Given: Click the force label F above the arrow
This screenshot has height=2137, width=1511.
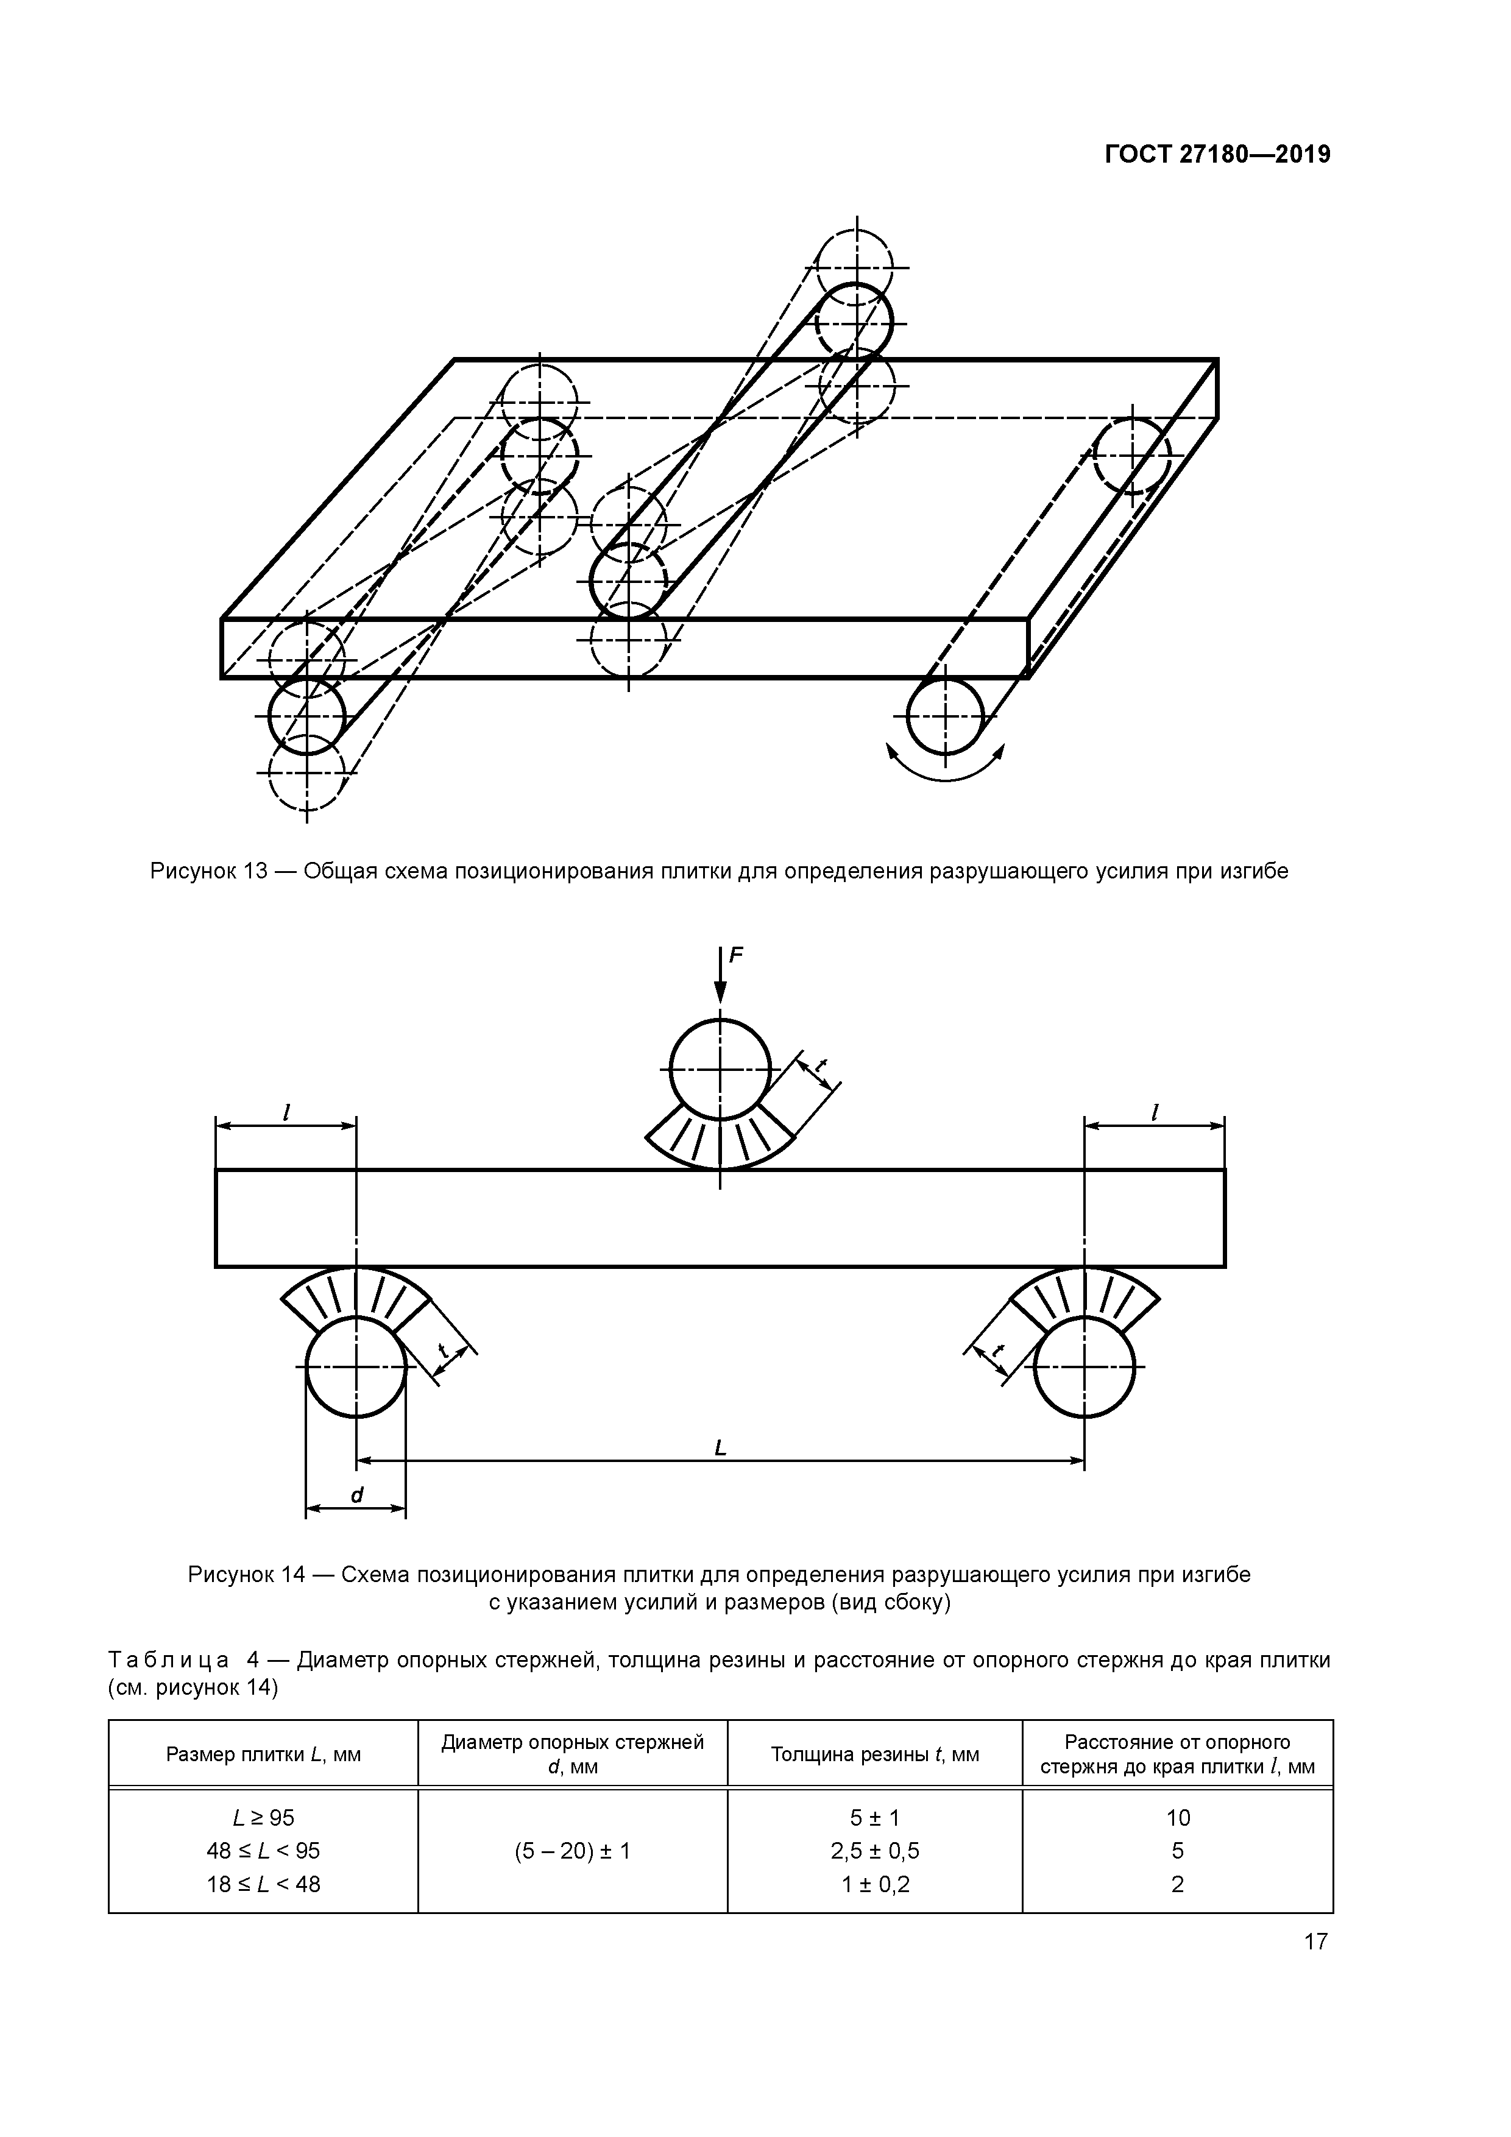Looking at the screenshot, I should coord(737,955).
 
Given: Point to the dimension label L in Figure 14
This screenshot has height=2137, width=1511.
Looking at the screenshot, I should coord(720,1447).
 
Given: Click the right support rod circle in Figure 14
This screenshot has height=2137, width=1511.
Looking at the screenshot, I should coord(1084,1366).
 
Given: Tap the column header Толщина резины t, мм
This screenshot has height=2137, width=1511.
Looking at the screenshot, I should coord(874,1754).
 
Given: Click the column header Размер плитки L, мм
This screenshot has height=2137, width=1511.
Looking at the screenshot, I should coord(263,1754).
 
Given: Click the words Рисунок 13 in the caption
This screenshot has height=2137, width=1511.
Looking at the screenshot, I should coord(210,871).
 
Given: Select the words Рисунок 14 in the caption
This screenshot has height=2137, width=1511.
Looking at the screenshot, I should coord(247,1575).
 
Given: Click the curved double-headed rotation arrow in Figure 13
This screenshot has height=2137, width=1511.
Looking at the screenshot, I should coord(945,768).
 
